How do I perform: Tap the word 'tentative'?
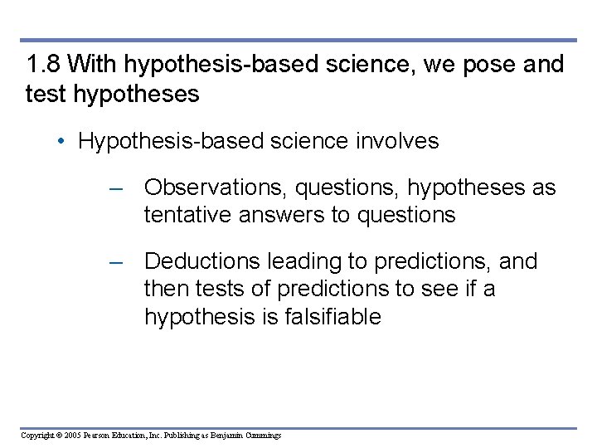pos(188,215)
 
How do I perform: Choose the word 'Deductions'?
pos(202,261)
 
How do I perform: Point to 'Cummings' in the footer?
pos(261,436)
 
